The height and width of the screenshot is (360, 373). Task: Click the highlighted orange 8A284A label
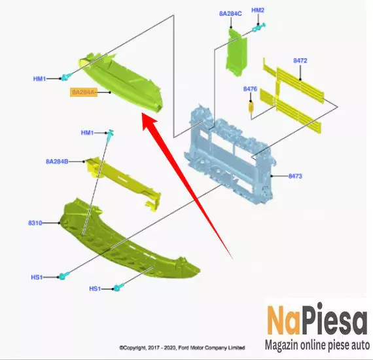pos(84,92)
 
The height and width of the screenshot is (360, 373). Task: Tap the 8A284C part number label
pos(230,14)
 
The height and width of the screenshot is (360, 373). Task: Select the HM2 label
pos(258,10)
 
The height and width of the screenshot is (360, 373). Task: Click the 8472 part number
pos(300,61)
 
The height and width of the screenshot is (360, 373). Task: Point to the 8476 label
pos(250,89)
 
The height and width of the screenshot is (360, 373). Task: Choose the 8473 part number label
pos(295,176)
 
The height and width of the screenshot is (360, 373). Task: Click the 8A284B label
pos(57,162)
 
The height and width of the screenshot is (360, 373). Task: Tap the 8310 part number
pos(35,223)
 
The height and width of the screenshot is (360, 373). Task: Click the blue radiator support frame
pos(230,154)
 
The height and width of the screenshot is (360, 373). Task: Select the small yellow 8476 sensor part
pos(251,107)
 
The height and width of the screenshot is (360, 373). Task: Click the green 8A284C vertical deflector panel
pos(236,52)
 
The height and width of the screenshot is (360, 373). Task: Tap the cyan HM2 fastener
pos(258,27)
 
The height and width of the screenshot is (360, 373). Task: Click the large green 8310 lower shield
pos(128,240)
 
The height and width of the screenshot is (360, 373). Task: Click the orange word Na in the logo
pos(283,320)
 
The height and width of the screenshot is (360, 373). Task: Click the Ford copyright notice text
pos(182,348)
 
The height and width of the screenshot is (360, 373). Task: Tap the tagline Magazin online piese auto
pos(317,344)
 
